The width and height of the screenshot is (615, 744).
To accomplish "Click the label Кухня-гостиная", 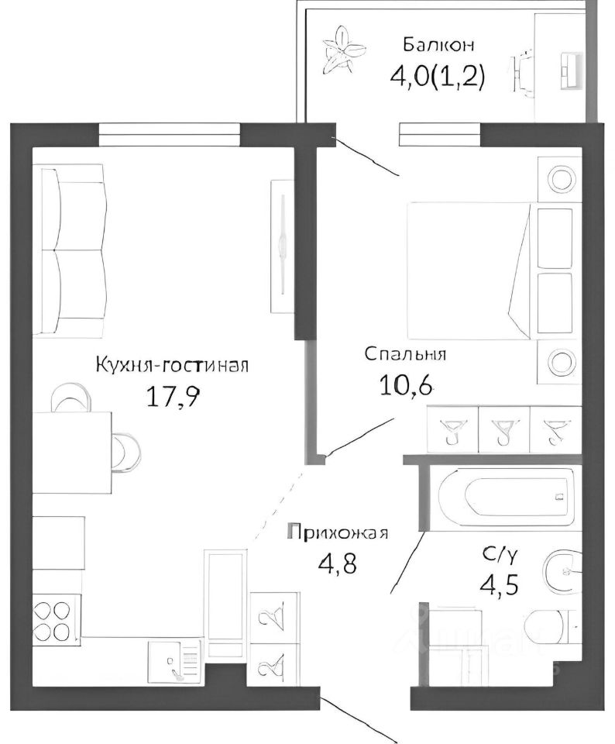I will tap(171, 364).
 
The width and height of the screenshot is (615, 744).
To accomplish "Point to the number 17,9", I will tap(173, 396).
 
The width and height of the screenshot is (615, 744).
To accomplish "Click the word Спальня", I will tap(405, 355).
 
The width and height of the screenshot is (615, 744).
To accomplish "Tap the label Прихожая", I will tap(337, 533).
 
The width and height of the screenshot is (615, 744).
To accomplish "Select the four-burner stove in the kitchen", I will tap(57, 618).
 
